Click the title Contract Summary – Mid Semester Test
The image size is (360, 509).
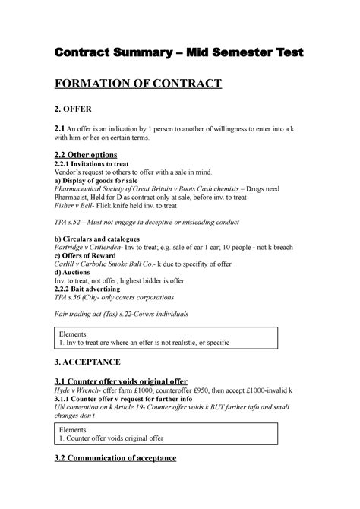coord(179,53)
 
